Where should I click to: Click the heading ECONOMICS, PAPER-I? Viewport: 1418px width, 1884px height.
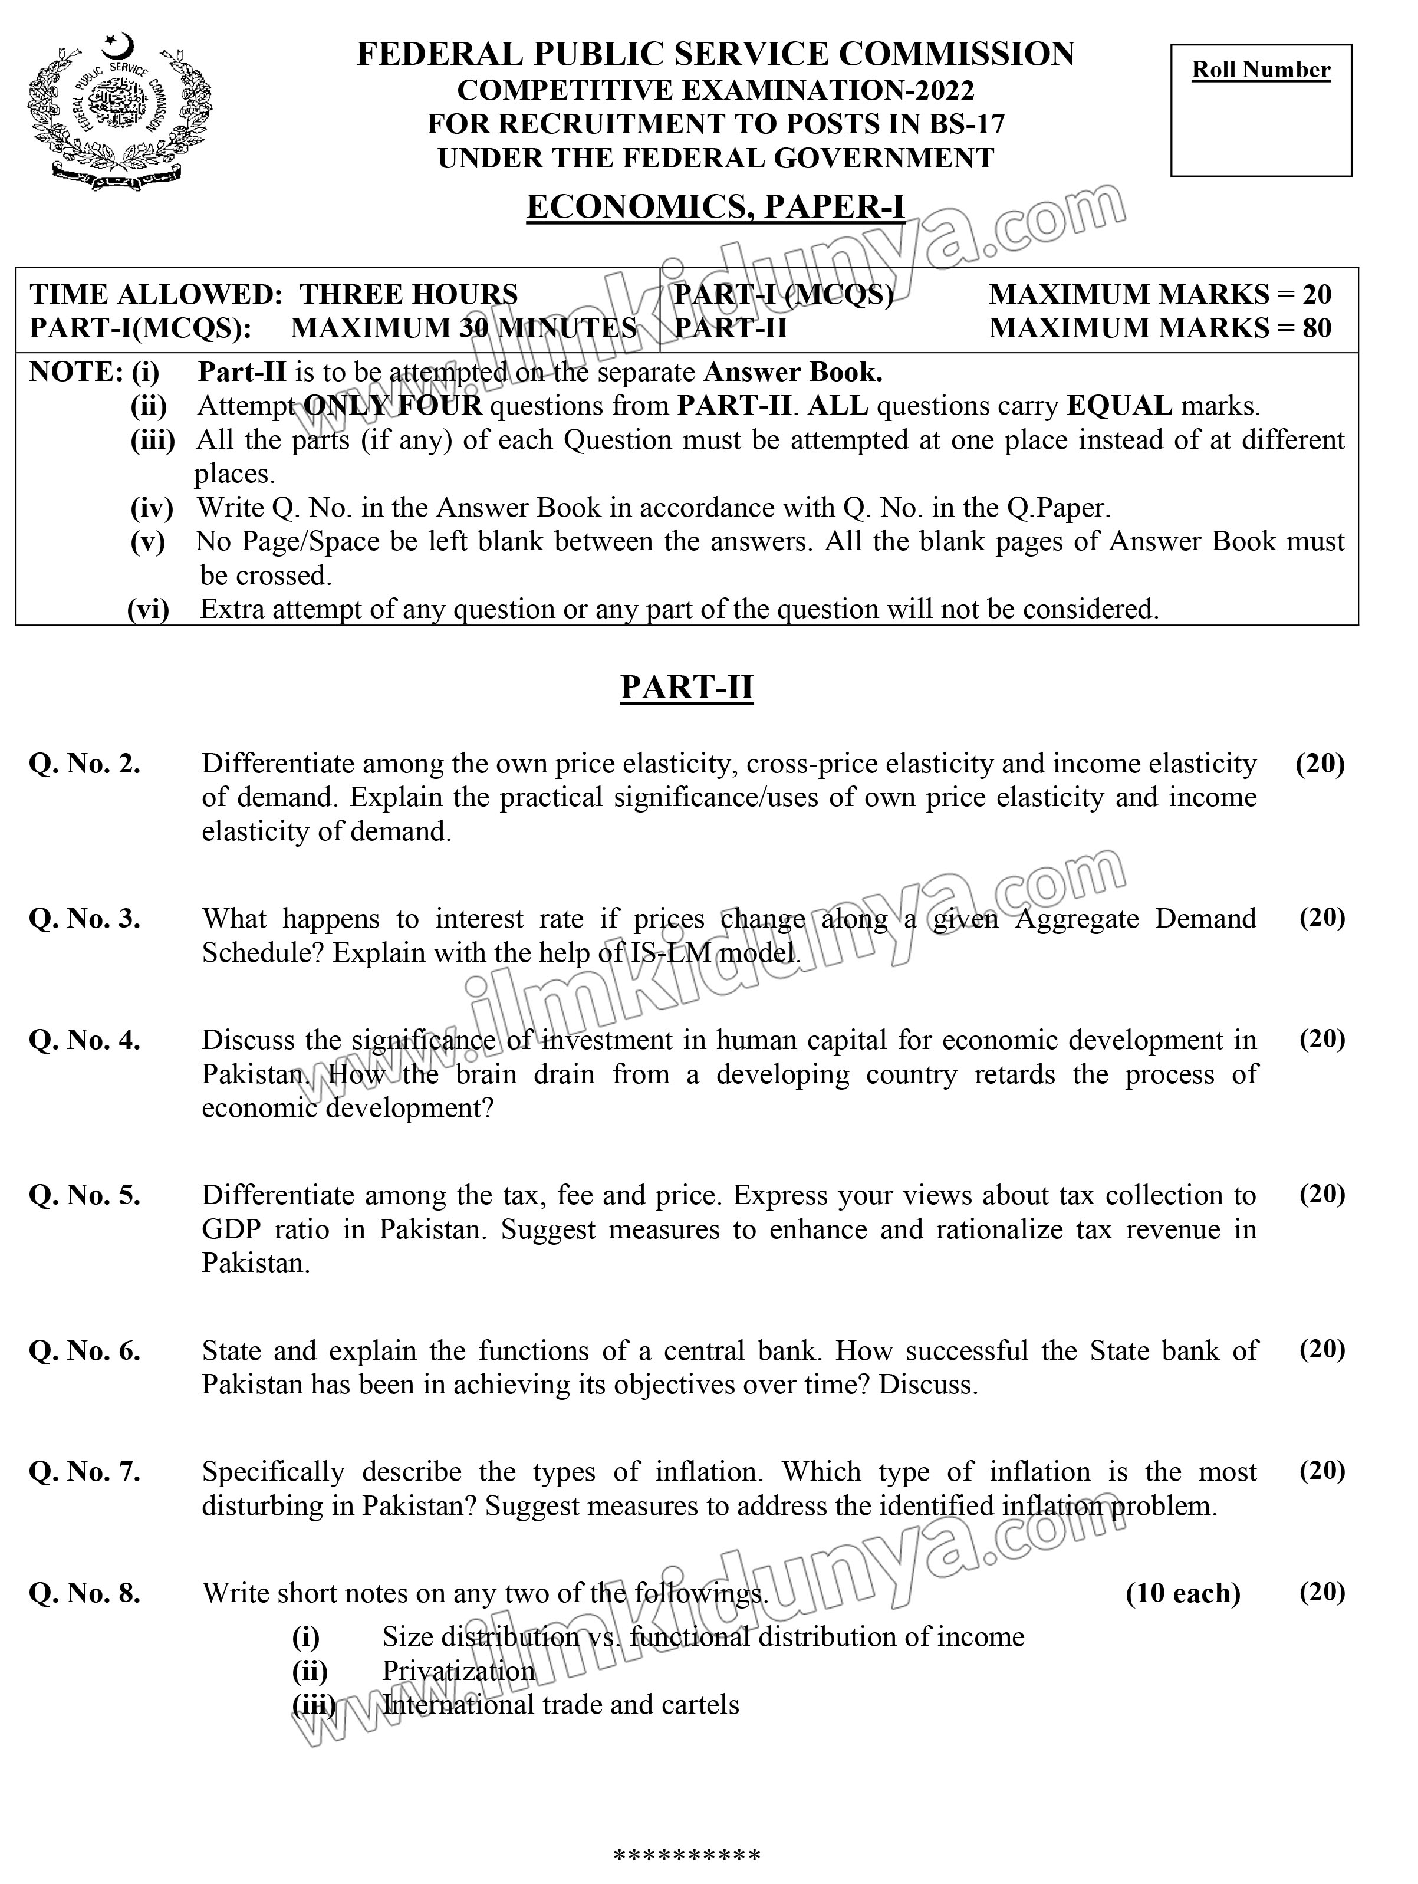point(715,207)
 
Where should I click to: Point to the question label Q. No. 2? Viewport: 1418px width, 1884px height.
point(84,764)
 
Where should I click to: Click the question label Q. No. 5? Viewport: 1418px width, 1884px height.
point(84,1196)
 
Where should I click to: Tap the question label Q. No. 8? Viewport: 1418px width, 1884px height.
point(84,1593)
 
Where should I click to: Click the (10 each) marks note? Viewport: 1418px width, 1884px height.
point(1182,1593)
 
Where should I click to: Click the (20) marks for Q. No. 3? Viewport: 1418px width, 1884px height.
point(1321,918)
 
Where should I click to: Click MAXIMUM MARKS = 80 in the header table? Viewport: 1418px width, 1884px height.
point(1159,328)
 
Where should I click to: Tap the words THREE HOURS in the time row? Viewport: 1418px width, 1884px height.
point(409,295)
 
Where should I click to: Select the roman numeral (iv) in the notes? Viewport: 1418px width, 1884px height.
point(152,508)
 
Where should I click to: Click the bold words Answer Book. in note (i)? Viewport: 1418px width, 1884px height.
point(793,372)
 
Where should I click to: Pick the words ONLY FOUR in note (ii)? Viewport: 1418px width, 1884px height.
point(393,406)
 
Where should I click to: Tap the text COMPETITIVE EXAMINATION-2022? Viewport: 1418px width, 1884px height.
point(715,90)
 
